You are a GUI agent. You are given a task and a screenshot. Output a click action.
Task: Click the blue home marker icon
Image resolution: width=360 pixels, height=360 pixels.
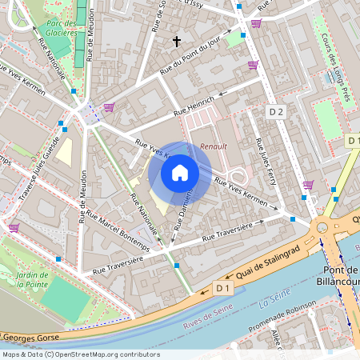[180, 173]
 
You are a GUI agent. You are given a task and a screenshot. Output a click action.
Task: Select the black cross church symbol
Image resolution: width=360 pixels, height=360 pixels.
[177, 40]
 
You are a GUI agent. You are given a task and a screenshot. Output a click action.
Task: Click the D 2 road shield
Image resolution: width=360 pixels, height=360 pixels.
[276, 112]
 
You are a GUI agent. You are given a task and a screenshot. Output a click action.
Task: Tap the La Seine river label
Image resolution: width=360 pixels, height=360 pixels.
[272, 304]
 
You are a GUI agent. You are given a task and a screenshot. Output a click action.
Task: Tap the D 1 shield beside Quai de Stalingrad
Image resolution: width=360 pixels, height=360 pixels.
[222, 286]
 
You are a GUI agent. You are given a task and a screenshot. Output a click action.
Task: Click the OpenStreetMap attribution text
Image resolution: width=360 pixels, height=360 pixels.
[80, 354]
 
